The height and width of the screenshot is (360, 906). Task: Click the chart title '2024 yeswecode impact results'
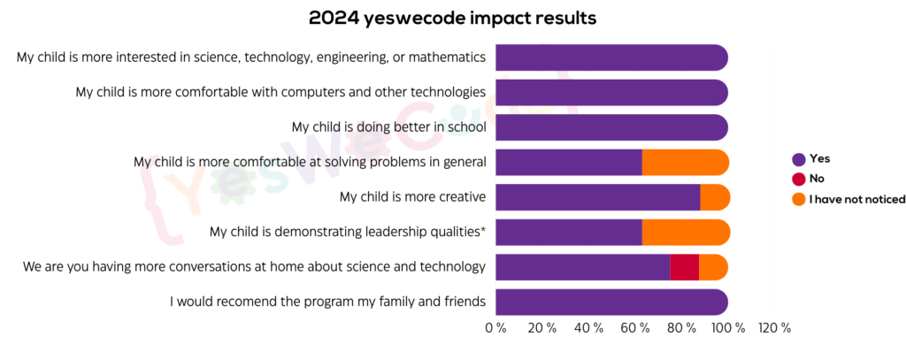click(452, 18)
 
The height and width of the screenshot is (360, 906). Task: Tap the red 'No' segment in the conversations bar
click(684, 267)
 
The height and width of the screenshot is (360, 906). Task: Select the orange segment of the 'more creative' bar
click(715, 197)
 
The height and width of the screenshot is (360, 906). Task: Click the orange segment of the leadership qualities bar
click(686, 233)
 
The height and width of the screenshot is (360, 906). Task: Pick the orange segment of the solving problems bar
click(685, 163)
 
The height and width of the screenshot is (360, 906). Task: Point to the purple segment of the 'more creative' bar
click(597, 197)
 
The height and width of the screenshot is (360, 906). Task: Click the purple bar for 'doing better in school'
click(611, 127)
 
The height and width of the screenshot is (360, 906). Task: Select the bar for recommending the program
click(611, 302)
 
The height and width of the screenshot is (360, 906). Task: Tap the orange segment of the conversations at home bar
click(713, 267)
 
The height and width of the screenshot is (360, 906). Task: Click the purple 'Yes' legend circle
click(799, 159)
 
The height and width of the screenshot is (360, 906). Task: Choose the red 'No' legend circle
click(799, 179)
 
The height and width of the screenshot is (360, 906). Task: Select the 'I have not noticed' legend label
click(856, 199)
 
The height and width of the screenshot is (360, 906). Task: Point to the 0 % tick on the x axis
click(495, 328)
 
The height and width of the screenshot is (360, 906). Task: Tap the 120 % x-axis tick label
click(774, 328)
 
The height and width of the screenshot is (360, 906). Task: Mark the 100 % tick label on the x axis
click(728, 328)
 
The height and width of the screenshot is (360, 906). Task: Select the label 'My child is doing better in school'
click(388, 126)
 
